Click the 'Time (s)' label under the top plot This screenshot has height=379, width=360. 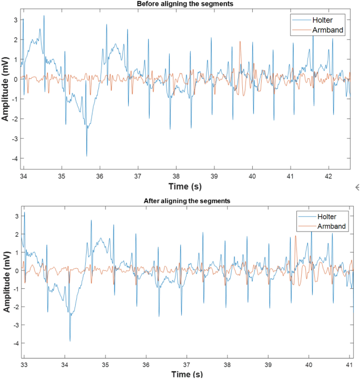point(186,186)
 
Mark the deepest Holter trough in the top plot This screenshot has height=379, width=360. point(87,155)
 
